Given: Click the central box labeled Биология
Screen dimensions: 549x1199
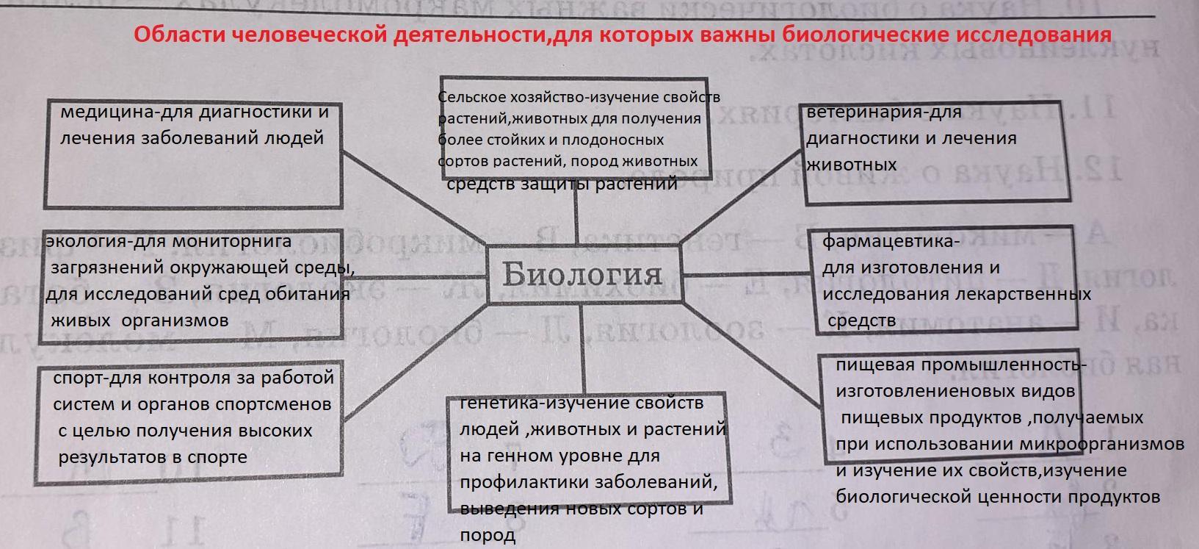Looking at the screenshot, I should coord(582,274).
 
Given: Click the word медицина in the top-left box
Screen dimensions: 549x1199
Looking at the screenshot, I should coord(102,112).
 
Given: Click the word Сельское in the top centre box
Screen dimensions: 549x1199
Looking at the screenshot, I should coord(468,97).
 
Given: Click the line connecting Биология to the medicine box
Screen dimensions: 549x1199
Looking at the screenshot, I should coord(415,198).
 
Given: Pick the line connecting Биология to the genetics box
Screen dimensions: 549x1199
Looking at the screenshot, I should coord(584,345).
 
